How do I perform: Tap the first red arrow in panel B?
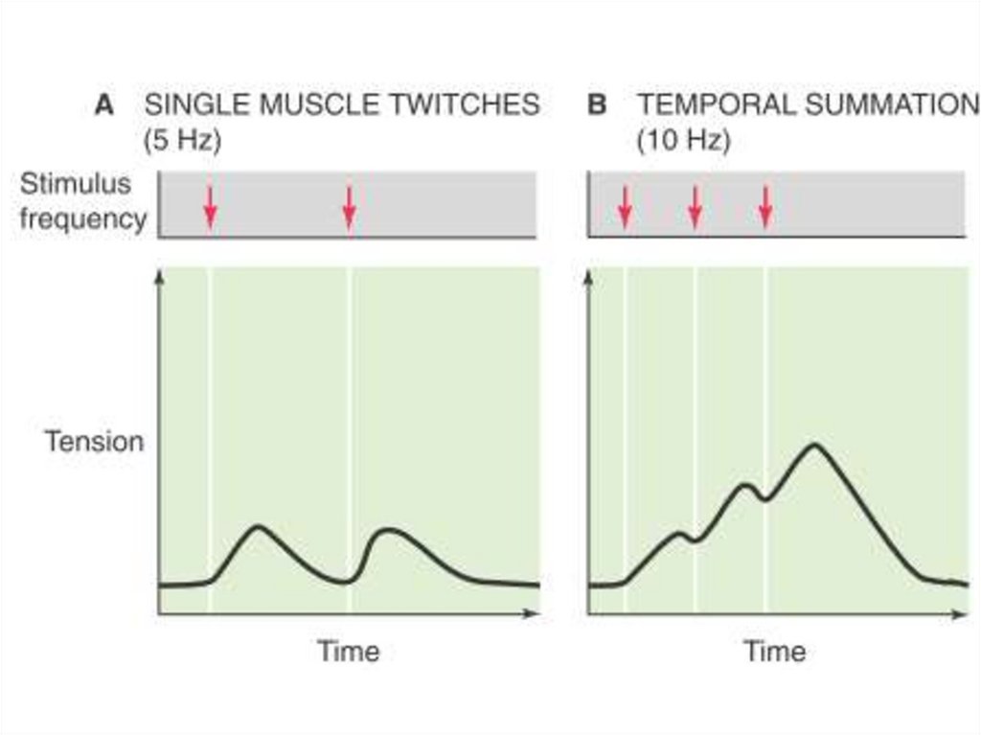coord(625,207)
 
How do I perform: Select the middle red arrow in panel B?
coord(696,207)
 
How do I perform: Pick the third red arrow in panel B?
coord(764,207)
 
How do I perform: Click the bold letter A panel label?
coord(104,104)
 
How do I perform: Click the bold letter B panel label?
coord(597,104)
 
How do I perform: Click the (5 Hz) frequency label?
coord(182,141)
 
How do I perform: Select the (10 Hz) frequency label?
coord(683,141)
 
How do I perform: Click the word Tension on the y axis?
coord(94,443)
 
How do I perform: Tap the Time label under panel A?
coord(349,652)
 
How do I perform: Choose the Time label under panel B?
coord(775,652)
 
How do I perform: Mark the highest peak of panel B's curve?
coord(814,445)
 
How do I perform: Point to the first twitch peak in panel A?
coord(257,527)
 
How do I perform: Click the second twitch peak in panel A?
coord(387,529)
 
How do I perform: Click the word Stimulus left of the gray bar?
coord(76,183)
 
